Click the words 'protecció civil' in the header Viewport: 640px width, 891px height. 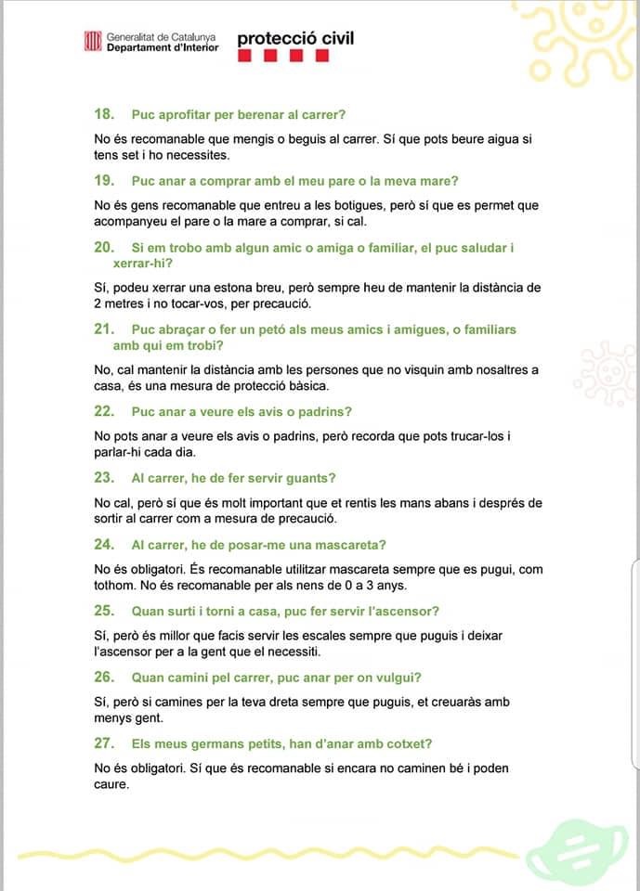pos(295,39)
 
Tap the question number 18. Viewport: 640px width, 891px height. pos(104,114)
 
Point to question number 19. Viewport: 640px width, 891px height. pos(104,181)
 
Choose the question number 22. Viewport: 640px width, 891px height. pos(104,411)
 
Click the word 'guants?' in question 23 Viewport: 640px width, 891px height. pos(312,478)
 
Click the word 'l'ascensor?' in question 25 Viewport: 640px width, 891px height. pos(405,611)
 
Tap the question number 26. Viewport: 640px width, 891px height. pos(104,678)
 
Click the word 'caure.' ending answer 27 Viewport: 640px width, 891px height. pos(112,783)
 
